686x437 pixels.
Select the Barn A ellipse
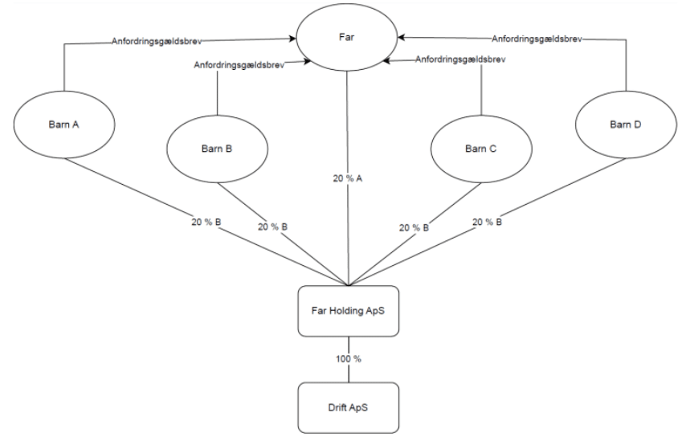pyautogui.click(x=63, y=126)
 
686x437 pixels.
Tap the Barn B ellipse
pyautogui.click(x=216, y=149)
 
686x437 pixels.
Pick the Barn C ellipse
pyautogui.click(x=481, y=149)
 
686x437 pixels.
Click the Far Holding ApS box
pyautogui.click(x=349, y=311)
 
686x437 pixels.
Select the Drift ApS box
pyautogui.click(x=349, y=406)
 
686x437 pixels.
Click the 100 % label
pyautogui.click(x=349, y=358)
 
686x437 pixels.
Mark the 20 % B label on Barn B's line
pyautogui.click(x=272, y=227)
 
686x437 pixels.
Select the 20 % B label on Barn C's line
pyautogui.click(x=415, y=227)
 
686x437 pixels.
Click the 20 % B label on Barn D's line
pyautogui.click(x=488, y=223)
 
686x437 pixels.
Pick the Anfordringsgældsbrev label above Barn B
pyautogui.click(x=227, y=64)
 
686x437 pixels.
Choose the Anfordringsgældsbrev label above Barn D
pyautogui.click(x=536, y=38)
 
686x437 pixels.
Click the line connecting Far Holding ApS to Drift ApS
pyautogui.click(x=349, y=374)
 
